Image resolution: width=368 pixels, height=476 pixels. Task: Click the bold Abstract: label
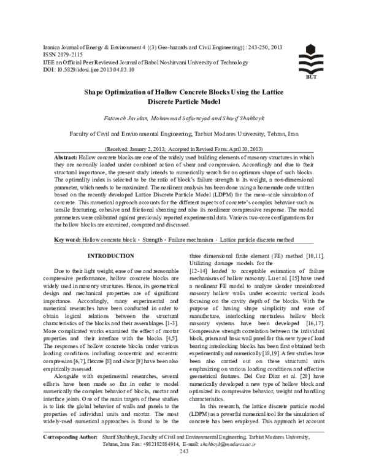coord(66,157)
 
